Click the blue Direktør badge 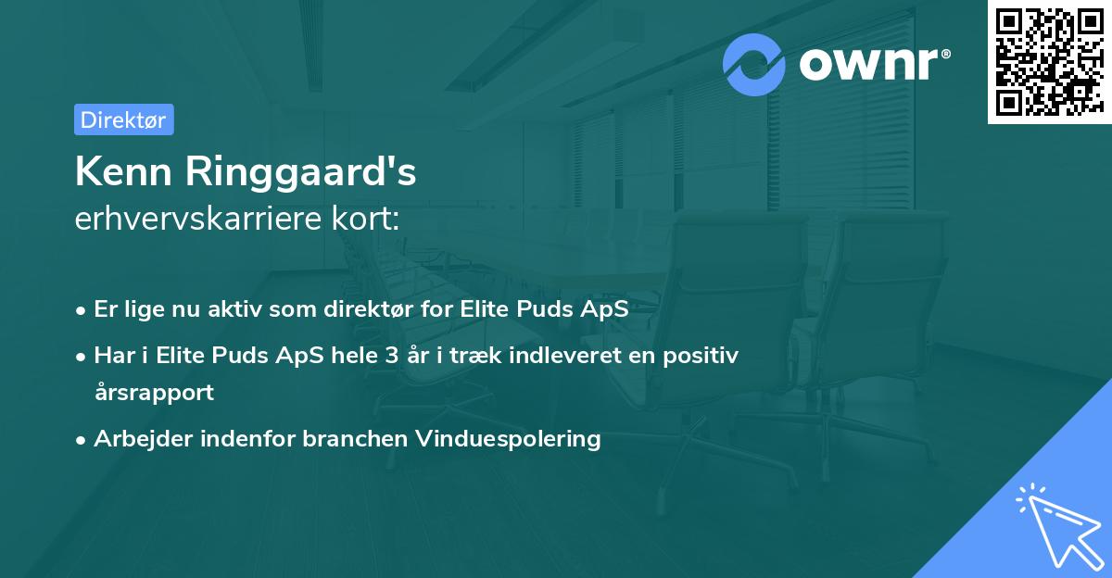coord(123,119)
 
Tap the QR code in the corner coord(1049,62)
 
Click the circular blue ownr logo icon coord(754,64)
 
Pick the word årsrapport coord(154,392)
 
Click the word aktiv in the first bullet coord(234,309)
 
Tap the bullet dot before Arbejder coord(82,439)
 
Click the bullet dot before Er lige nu coord(82,310)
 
